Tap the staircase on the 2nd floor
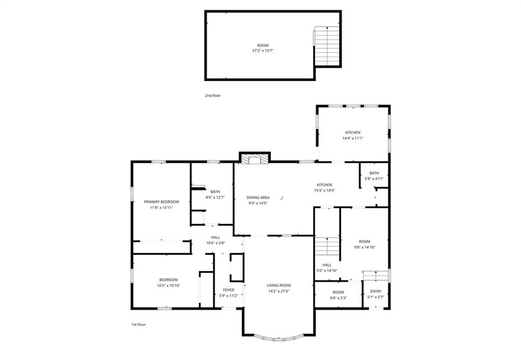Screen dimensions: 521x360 point(327,46)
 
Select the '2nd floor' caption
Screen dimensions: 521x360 point(213,96)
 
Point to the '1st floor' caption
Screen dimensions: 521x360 point(138,324)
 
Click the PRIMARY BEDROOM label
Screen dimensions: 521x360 point(161,202)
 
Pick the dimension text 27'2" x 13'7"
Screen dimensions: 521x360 point(263,51)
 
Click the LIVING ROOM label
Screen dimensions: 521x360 point(279,285)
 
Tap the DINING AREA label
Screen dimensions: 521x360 point(258,198)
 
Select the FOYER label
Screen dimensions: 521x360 point(228,290)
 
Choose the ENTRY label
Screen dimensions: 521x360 point(376,292)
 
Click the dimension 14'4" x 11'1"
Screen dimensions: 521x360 point(353,138)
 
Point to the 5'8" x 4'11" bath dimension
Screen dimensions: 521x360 point(374,179)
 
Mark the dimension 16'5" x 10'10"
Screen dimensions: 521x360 point(168,285)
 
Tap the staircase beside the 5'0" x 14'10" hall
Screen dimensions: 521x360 point(327,246)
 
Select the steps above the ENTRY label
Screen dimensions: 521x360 point(375,275)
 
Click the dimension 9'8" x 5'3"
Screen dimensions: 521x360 point(338,298)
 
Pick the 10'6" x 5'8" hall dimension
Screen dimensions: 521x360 point(216,243)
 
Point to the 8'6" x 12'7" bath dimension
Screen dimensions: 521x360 point(215,197)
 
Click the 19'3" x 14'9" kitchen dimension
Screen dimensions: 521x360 point(324,190)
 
